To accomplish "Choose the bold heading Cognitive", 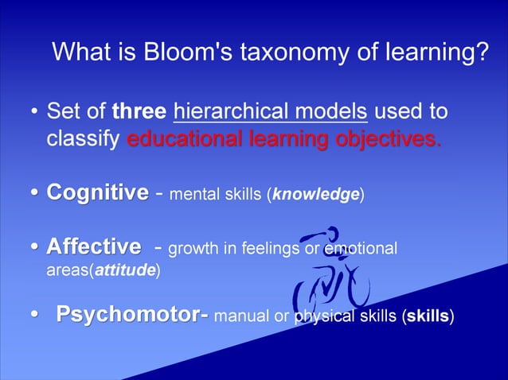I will [x=97, y=192].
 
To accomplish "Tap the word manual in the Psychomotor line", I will [x=241, y=318].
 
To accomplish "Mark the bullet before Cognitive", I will [x=35, y=193].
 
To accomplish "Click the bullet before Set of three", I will [x=35, y=112].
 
